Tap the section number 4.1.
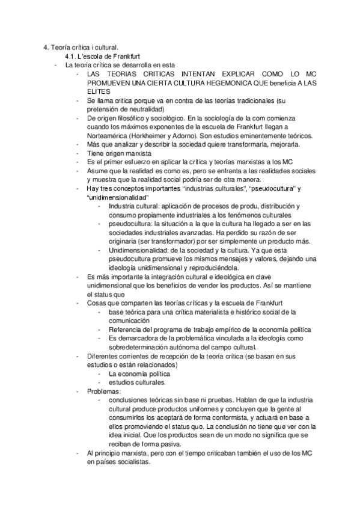71,55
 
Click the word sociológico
159,118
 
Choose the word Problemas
103,390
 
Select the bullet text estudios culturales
138,382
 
